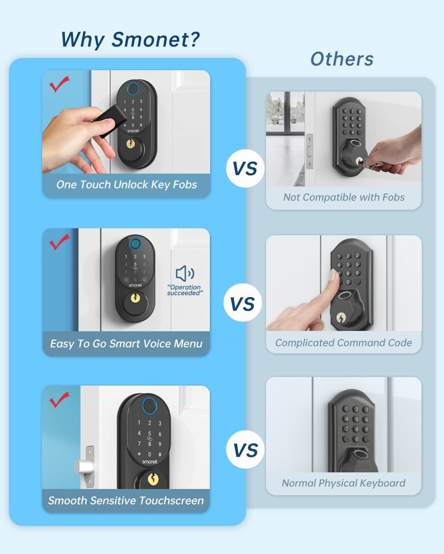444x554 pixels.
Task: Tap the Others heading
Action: pyautogui.click(x=342, y=59)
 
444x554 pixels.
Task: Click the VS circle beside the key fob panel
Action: pyautogui.click(x=245, y=168)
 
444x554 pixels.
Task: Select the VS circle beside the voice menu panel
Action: pyautogui.click(x=242, y=304)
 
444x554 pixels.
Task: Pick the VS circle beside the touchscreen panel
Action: pyautogui.click(x=245, y=450)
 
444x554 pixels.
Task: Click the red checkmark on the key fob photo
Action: pyautogui.click(x=59, y=84)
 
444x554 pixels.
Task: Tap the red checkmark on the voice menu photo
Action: pyautogui.click(x=59, y=242)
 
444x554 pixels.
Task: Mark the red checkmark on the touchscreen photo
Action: pyautogui.click(x=59, y=400)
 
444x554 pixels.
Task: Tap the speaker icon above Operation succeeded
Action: pyautogui.click(x=185, y=274)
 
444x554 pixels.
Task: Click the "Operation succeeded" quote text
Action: pyautogui.click(x=184, y=290)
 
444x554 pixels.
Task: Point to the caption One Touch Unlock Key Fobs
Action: pyautogui.click(x=126, y=185)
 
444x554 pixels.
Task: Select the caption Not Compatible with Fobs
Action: pyautogui.click(x=344, y=197)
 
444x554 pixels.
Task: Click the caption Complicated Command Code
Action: pyautogui.click(x=343, y=343)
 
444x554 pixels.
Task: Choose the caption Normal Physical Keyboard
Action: pyautogui.click(x=343, y=483)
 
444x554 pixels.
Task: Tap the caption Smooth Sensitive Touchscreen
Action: pyautogui.click(x=126, y=500)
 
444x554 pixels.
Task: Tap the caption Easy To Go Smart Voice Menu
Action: pyautogui.click(x=126, y=344)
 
